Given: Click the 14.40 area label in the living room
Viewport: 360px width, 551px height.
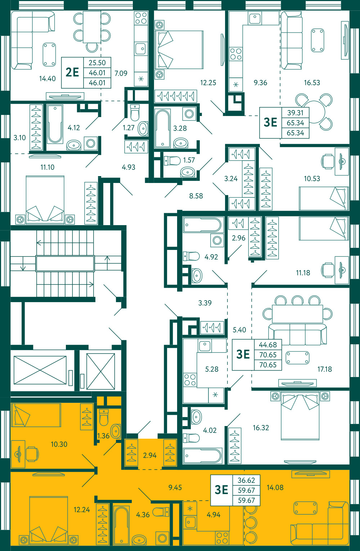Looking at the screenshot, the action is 47,79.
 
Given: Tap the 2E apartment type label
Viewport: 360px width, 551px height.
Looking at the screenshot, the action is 72,72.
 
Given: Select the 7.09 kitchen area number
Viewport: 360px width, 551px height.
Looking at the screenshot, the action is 121,73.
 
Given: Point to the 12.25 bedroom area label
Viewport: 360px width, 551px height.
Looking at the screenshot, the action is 208,83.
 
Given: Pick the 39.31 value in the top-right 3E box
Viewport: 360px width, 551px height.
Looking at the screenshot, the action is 295,113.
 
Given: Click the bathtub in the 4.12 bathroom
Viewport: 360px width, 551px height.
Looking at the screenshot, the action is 55,124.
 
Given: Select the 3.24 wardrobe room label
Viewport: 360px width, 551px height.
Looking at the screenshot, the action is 231,179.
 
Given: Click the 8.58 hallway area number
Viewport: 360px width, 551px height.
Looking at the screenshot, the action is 196,196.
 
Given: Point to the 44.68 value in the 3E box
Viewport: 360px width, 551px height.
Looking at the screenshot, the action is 268,345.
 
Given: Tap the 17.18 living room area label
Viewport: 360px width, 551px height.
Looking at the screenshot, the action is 325,369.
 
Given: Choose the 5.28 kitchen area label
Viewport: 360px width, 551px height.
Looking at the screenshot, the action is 212,369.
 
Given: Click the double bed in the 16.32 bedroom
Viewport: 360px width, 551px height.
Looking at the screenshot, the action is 300,416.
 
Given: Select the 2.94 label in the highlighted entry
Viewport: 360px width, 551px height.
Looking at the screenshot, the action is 150,455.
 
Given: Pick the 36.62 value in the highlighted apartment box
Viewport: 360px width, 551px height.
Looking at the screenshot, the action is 246,480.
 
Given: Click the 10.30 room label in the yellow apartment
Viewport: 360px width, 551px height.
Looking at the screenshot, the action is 59,444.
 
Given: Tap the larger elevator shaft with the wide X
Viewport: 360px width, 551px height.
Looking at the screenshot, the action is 40,370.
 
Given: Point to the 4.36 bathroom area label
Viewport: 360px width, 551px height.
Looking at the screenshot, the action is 143,515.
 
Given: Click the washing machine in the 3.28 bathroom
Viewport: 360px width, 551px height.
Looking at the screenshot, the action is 189,114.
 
